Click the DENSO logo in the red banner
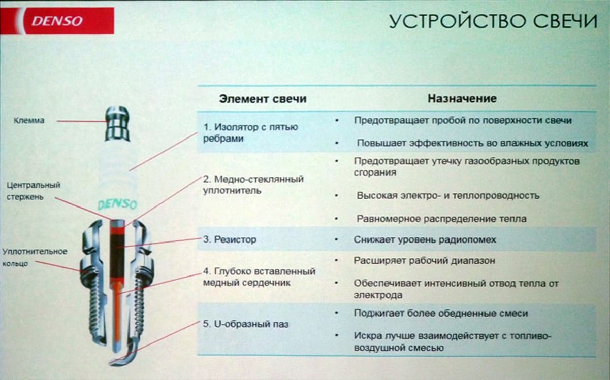coord(57,21)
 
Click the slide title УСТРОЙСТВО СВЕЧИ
coord(493,21)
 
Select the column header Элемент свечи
coord(263,99)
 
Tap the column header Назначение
coord(462,98)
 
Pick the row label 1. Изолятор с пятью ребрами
coord(250,132)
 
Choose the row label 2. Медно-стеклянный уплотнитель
coord(253,185)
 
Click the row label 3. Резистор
coord(230,239)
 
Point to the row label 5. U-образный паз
coord(246,324)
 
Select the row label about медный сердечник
coord(259,277)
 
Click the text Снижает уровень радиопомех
coord(425,239)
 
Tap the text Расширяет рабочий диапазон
coord(424,261)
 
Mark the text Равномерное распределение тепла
coord(441,219)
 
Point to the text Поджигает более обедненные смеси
coord(440,314)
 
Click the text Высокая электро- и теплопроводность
coord(447,195)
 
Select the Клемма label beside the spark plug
coord(29,121)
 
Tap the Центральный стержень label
coord(29,190)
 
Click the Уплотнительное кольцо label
coord(35,257)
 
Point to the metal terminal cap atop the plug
coord(117,123)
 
